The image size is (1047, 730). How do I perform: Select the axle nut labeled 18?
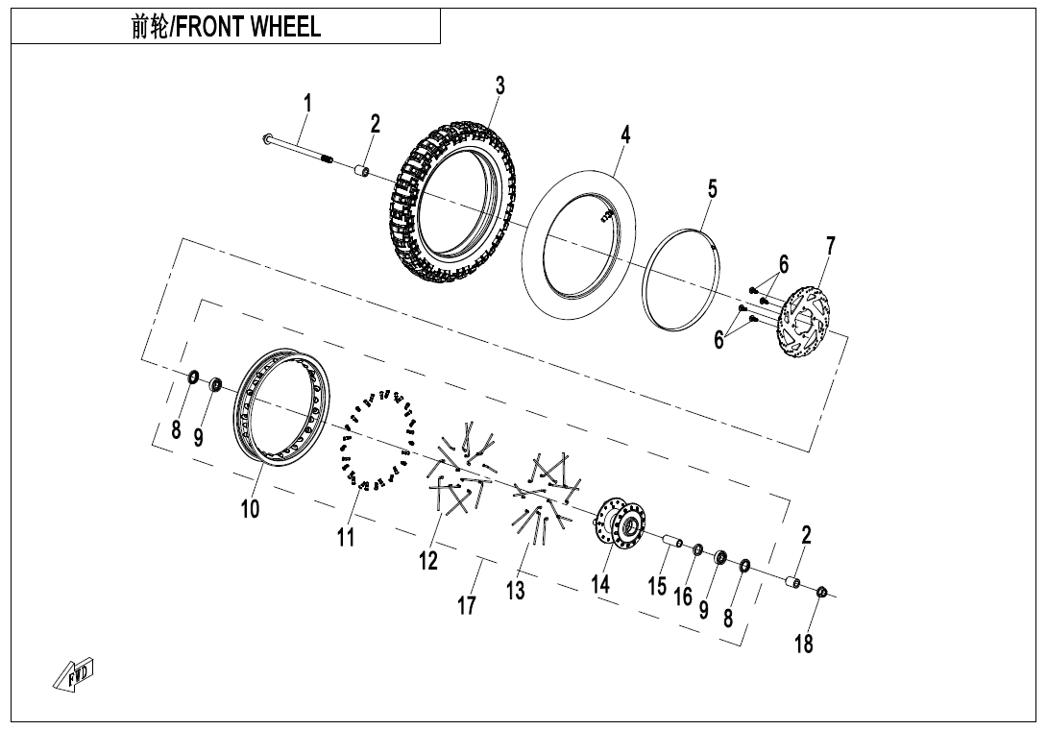(x=823, y=593)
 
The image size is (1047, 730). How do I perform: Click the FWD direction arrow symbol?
(x=76, y=677)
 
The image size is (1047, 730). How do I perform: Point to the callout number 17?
(x=467, y=606)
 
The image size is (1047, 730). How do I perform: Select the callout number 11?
(x=346, y=537)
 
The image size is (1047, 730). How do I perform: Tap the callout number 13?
(x=516, y=591)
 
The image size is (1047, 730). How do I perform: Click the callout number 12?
(x=427, y=560)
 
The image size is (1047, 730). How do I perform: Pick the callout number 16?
(x=683, y=596)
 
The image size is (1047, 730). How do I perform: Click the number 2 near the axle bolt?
(x=376, y=124)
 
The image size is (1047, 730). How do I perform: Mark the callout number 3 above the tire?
(x=499, y=85)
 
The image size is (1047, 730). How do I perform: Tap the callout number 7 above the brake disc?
(x=830, y=247)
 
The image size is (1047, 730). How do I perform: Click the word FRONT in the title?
(x=210, y=26)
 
